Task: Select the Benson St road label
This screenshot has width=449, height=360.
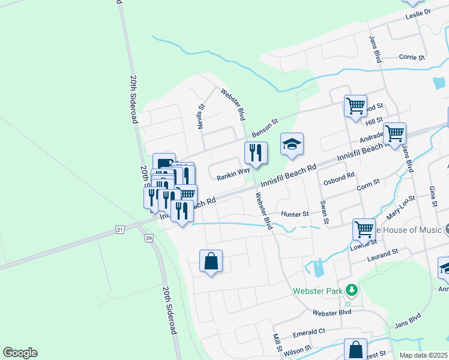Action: click(265, 127)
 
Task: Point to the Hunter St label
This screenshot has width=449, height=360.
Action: click(295, 214)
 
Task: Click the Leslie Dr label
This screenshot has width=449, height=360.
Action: click(418, 13)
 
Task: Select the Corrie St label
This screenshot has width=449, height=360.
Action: click(412, 58)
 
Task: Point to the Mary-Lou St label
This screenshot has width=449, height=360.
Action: click(401, 208)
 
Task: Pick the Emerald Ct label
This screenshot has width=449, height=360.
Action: click(309, 331)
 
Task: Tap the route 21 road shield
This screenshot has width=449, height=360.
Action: click(120, 230)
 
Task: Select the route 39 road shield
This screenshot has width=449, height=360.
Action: click(148, 238)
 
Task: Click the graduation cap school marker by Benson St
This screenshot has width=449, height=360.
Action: click(292, 145)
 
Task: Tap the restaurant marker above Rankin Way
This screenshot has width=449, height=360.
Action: click(256, 154)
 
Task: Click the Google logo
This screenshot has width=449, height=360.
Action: click(20, 353)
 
